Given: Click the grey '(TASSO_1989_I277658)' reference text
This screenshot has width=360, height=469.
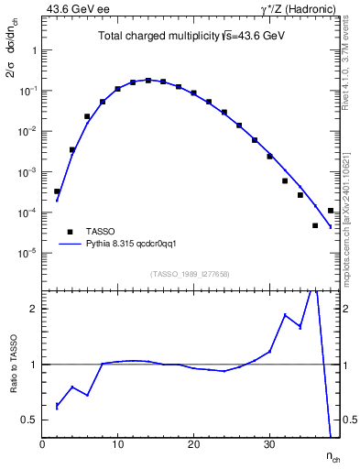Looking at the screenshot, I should [x=191, y=273].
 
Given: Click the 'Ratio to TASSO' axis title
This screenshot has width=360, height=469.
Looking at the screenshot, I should [x=13, y=363].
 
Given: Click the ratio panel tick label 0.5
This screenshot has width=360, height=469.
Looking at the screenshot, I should [x=29, y=420].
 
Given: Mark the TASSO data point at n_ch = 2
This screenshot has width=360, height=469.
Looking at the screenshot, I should [x=57, y=191].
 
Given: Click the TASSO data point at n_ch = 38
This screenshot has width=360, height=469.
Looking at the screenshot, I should [x=330, y=211].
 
